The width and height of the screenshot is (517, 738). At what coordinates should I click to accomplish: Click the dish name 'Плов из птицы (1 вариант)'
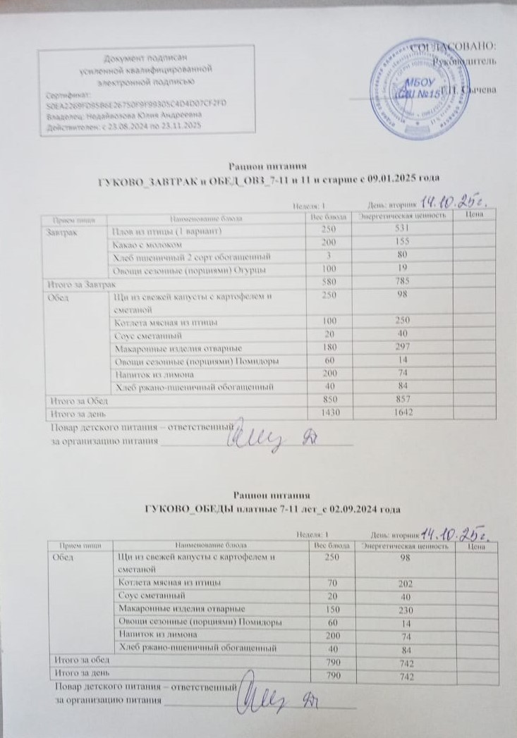tap(168, 231)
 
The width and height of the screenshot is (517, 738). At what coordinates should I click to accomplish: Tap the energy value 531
tap(400, 231)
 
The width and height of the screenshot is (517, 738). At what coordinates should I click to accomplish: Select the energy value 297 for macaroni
tap(401, 349)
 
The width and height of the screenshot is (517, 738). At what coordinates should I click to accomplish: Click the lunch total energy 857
tap(402, 400)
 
